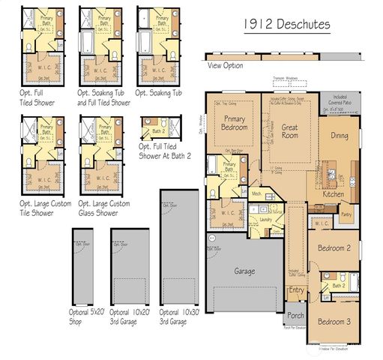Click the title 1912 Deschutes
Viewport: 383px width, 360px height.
286,24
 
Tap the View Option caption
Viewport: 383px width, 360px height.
225,66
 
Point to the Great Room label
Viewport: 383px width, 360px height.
289,132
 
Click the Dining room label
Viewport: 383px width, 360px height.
340,136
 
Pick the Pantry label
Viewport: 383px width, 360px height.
346,214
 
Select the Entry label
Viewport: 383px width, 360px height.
297,290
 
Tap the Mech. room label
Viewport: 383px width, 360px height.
256,193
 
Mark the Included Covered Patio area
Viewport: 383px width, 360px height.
339,102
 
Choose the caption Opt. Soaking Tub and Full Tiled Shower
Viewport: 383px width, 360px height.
103,97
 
